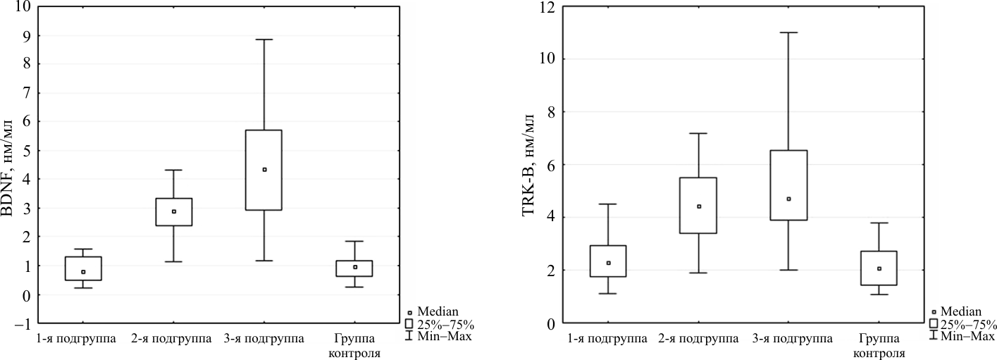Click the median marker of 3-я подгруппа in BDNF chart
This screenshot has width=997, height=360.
(264, 170)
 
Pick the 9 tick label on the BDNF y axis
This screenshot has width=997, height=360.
(27, 35)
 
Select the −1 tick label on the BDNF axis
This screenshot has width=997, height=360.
(23, 324)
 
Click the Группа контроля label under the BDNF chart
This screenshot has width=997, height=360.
(354, 345)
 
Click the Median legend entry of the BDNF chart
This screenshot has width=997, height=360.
(437, 311)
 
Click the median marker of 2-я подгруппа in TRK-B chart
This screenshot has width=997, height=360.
(699, 206)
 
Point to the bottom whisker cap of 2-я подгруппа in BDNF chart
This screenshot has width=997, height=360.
(174, 262)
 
